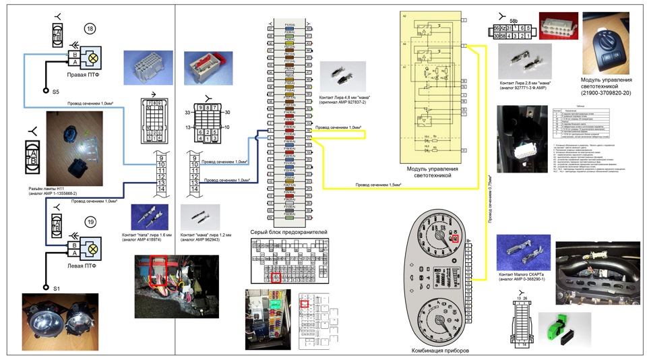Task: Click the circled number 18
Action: [89, 28]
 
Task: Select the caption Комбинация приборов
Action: [439, 351]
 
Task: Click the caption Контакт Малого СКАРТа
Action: [525, 276]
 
